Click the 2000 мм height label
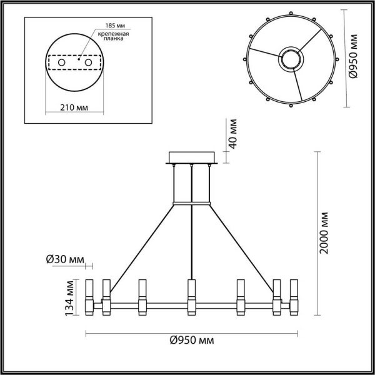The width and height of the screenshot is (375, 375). pos(323,232)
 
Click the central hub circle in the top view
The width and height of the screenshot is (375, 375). pos(289,59)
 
